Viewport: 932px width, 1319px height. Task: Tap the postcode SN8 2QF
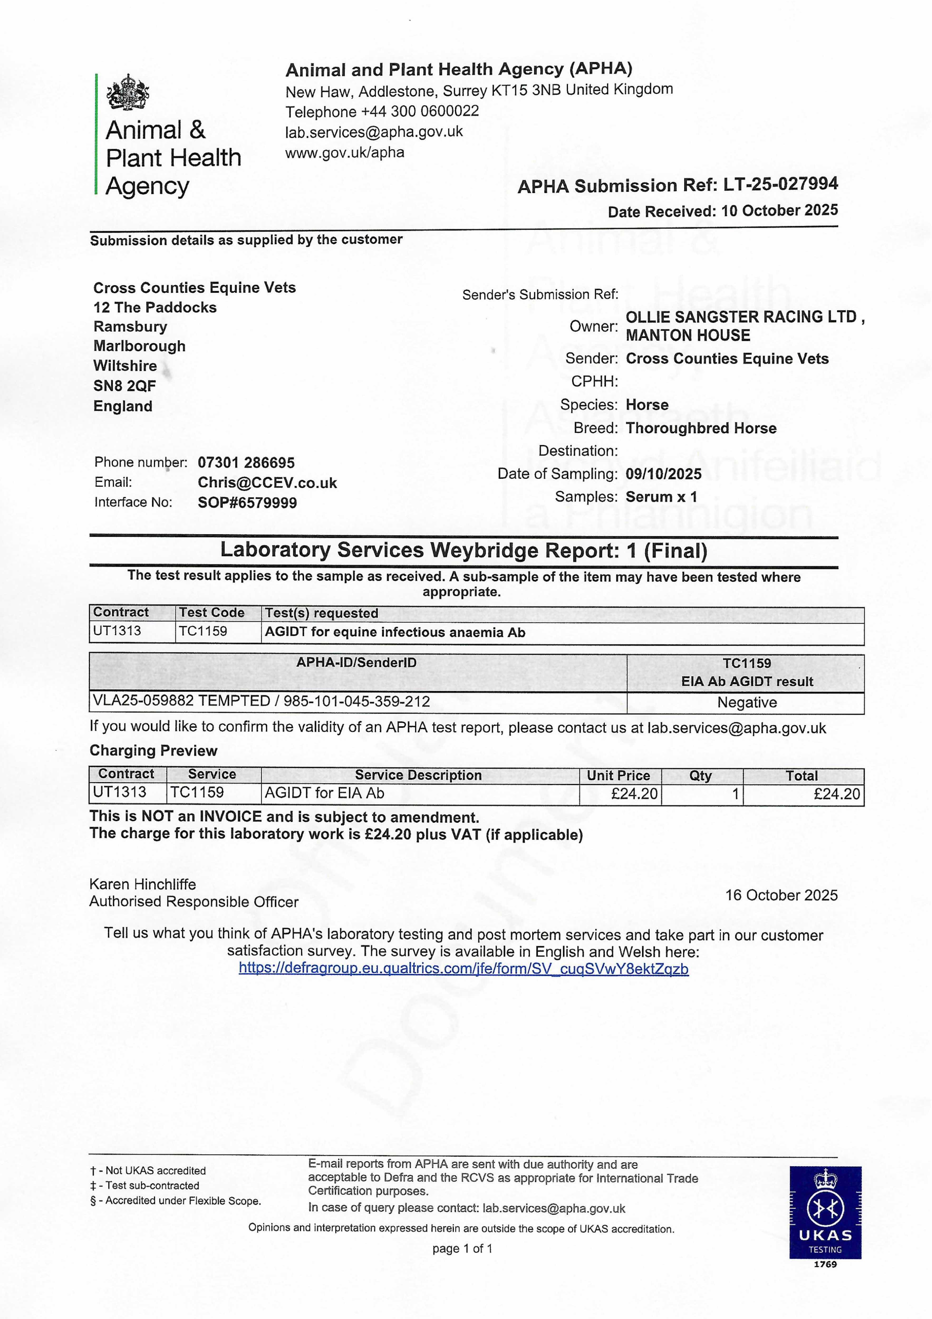click(x=125, y=386)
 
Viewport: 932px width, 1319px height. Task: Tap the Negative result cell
click(x=746, y=702)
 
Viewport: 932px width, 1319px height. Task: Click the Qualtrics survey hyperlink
click(x=463, y=969)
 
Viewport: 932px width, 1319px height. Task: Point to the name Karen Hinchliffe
click(x=142, y=884)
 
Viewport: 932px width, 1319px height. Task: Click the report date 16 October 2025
click(x=781, y=895)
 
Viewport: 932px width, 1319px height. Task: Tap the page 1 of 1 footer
click(x=462, y=1248)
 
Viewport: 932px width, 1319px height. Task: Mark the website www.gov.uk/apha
click(x=345, y=153)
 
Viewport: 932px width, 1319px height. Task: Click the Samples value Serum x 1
click(x=661, y=497)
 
